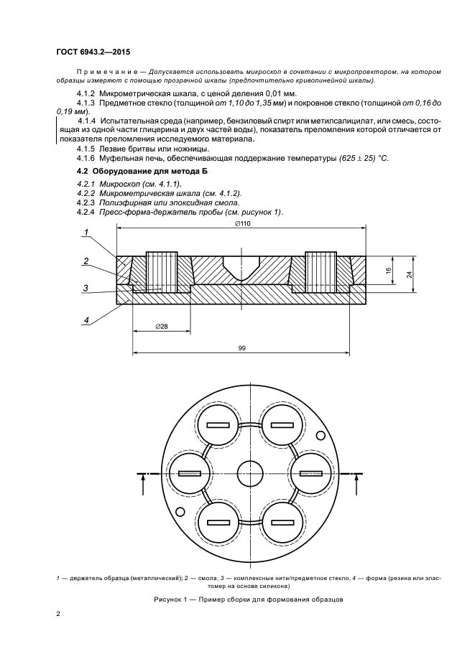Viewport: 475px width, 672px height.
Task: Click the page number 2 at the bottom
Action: [59, 613]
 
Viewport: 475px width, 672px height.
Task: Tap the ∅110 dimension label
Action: [242, 224]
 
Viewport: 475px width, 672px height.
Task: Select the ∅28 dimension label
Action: [162, 327]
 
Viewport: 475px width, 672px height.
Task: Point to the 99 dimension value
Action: [242, 347]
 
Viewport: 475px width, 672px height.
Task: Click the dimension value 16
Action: [389, 271]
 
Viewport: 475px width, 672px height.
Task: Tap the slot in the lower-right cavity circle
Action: [281, 521]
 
